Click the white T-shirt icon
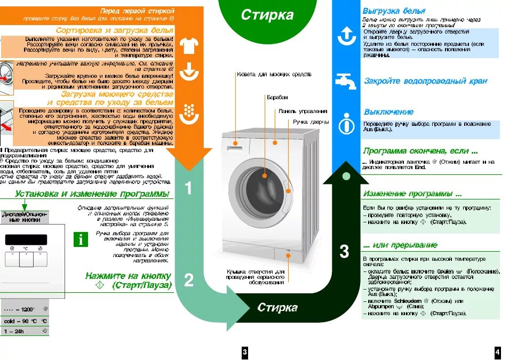point(189,46)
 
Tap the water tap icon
point(346,81)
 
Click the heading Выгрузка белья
point(394,11)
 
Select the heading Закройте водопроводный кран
point(425,81)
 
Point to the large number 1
point(188,188)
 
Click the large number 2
point(188,280)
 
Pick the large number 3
point(344,251)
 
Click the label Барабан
point(277,98)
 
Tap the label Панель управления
point(303,111)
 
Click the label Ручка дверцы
point(311,122)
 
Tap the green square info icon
point(81,239)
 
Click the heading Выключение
point(388,112)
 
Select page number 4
point(497,352)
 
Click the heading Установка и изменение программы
point(92,194)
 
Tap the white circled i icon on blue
point(347,123)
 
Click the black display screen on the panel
point(26,239)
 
